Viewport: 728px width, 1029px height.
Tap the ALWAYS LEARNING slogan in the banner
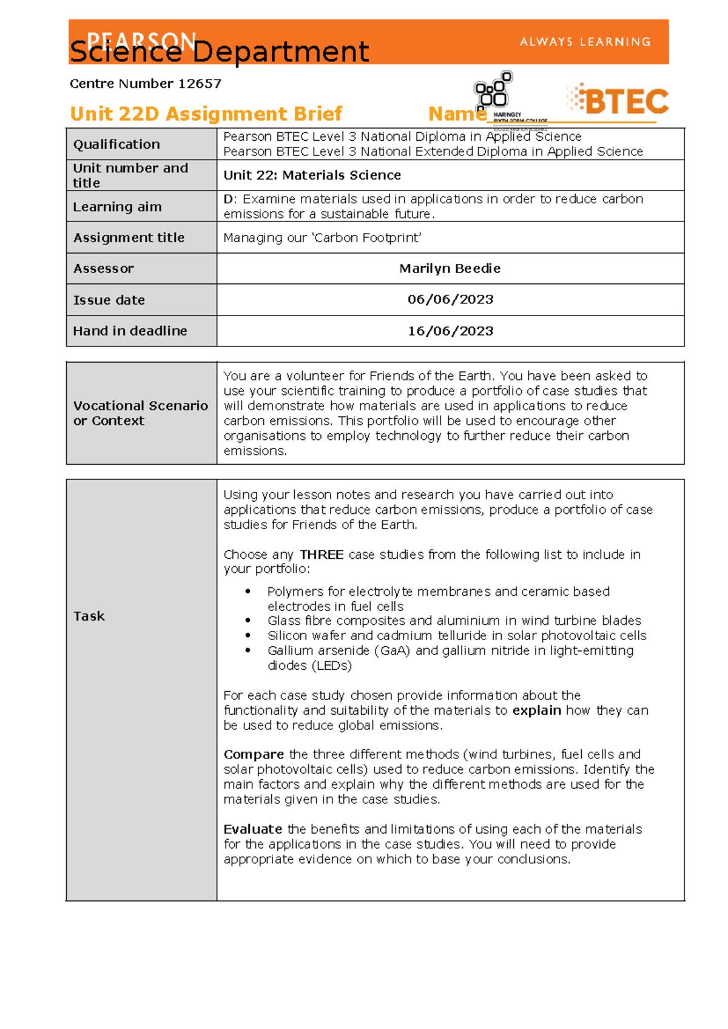[585, 42]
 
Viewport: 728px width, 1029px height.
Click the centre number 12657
[200, 84]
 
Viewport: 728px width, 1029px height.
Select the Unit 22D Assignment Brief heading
[206, 113]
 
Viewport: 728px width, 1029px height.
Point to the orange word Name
[456, 113]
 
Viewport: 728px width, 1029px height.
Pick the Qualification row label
[116, 144]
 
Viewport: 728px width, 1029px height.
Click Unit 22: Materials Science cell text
[312, 175]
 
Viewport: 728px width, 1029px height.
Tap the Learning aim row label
[117, 207]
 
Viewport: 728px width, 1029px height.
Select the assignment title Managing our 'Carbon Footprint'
[322, 238]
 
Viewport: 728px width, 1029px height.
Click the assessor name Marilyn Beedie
[450, 268]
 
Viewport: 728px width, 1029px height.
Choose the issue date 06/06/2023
[450, 300]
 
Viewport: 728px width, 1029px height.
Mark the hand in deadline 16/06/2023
[450, 331]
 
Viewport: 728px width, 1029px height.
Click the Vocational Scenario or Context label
[140, 413]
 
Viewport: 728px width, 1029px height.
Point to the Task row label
[89, 616]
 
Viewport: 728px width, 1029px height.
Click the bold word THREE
[322, 555]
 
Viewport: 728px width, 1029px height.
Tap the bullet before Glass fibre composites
[248, 621]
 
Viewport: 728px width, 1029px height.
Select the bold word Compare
[254, 754]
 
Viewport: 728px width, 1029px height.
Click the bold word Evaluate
[252, 829]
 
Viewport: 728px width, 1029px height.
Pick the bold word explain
[536, 710]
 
